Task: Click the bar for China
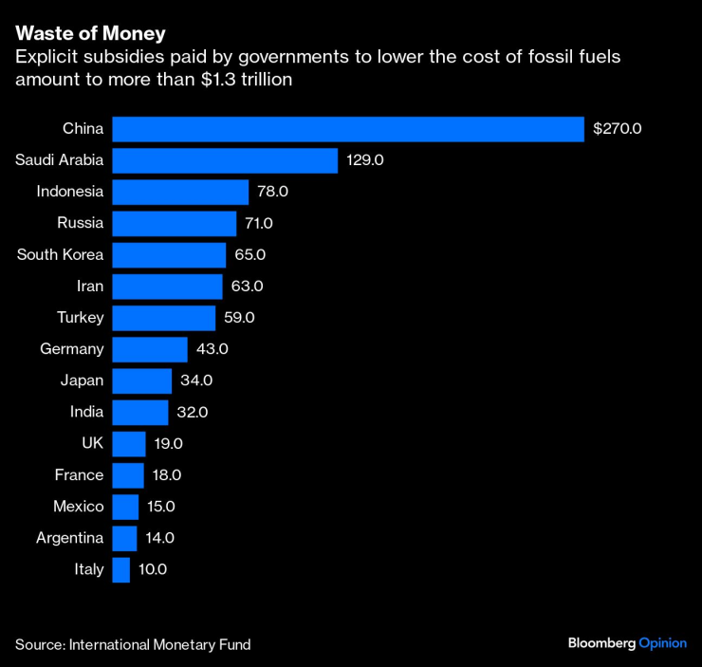click(347, 129)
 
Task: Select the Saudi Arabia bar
click(225, 160)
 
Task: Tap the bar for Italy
click(120, 569)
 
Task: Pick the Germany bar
click(150, 349)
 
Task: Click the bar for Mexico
click(125, 507)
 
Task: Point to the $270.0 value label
click(618, 129)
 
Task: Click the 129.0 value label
click(364, 160)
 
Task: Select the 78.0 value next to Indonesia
click(272, 192)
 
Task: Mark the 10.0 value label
click(152, 569)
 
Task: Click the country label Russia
click(81, 223)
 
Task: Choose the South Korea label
click(61, 254)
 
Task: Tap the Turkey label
click(81, 317)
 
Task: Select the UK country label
click(93, 443)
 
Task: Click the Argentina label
click(70, 538)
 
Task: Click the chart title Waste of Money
click(90, 34)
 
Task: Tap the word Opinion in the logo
click(661, 643)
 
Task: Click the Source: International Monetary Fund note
click(133, 644)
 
